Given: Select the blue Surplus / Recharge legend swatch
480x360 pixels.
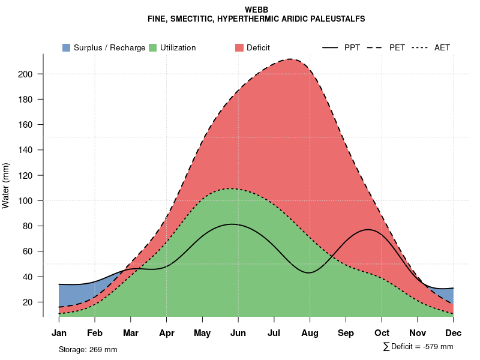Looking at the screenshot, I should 66,47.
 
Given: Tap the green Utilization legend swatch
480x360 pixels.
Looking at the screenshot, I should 152,47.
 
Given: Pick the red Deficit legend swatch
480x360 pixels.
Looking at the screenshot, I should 239,47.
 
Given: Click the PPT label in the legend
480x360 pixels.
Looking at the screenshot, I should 352,47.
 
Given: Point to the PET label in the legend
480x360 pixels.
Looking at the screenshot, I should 397,47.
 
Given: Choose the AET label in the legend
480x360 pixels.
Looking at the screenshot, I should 442,47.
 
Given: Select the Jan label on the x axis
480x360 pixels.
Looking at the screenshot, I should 59,333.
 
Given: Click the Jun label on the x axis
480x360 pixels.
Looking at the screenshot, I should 238,333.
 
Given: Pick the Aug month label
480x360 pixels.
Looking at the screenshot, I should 310,333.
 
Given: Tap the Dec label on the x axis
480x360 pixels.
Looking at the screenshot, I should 454,333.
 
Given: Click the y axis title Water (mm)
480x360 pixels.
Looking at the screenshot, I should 6,185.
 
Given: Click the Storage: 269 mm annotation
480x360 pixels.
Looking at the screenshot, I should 88,349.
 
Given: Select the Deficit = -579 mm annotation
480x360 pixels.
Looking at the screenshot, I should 418,347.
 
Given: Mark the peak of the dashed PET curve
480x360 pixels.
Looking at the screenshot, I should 291,59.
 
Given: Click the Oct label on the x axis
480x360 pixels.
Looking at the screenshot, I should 382,333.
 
